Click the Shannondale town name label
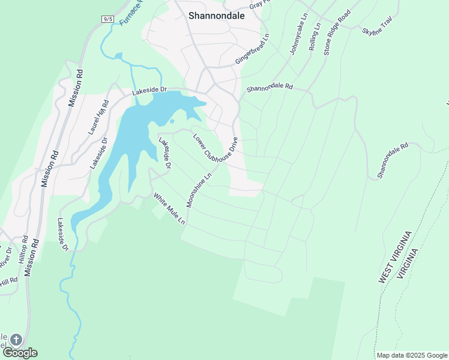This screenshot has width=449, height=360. point(216,16)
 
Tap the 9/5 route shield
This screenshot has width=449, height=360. point(108,20)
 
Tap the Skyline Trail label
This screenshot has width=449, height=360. point(377,26)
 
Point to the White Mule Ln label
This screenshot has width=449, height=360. point(169,208)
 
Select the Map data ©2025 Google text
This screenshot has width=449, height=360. point(412,355)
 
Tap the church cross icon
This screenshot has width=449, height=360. point(16,340)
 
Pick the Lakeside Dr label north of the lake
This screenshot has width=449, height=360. point(149,90)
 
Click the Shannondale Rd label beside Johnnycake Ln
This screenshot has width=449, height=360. point(269,88)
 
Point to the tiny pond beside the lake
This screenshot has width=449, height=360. point(172,121)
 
